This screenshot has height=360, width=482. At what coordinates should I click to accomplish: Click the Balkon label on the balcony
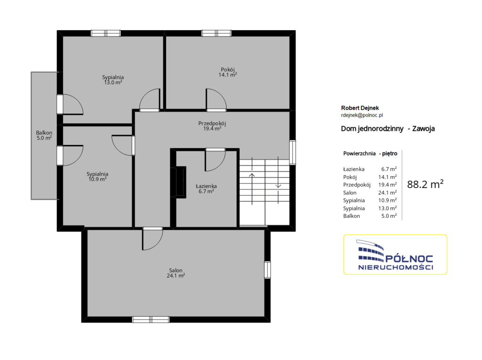(x=44, y=135)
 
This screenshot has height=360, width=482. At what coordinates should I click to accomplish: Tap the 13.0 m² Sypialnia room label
(x=113, y=80)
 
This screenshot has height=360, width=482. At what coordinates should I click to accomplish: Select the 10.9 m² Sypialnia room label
(x=97, y=176)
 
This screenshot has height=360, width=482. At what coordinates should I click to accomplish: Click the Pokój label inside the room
(x=227, y=72)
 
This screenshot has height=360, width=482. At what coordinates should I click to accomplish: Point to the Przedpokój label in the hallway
(x=212, y=126)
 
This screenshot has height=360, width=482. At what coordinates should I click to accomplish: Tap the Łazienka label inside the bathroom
(x=206, y=188)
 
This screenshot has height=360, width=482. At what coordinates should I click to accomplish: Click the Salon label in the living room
(x=176, y=273)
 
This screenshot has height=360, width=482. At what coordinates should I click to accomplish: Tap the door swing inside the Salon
(x=153, y=239)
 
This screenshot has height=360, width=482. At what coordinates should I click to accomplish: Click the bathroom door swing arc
(x=216, y=160)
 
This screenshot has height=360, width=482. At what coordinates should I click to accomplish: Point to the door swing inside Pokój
(x=216, y=99)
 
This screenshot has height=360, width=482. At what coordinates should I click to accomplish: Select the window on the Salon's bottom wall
(x=151, y=320)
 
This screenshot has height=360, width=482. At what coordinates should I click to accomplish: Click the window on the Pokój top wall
(x=217, y=33)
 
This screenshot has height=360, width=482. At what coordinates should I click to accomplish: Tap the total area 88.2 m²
(x=425, y=184)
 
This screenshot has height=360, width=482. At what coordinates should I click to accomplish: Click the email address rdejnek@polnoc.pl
(x=362, y=115)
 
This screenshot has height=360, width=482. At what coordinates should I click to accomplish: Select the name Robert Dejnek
(x=360, y=108)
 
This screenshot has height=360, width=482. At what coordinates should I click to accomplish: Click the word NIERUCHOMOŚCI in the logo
(x=395, y=267)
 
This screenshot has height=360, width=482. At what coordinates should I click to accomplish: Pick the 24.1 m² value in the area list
(x=387, y=192)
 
